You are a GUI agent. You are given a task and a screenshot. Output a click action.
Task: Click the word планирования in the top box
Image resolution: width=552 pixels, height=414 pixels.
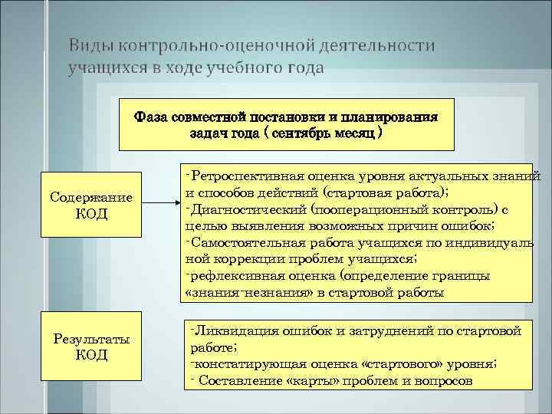389,117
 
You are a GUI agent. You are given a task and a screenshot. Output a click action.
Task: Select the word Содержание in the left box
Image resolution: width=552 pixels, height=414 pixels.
91,199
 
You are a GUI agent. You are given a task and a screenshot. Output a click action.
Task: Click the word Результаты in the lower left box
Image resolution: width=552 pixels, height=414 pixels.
91,339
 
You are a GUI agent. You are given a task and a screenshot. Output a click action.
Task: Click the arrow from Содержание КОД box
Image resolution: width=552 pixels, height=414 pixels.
162,204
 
